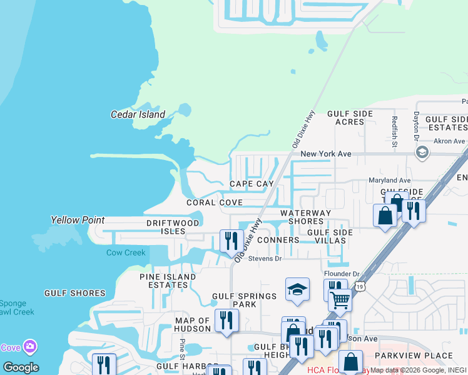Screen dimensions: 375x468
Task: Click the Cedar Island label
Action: [x=138, y=114]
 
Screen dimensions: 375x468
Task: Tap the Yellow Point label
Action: [x=77, y=220]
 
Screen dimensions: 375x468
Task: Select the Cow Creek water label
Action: [x=126, y=252]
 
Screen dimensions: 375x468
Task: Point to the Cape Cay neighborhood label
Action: [x=252, y=184]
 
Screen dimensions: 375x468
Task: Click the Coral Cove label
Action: [x=215, y=202]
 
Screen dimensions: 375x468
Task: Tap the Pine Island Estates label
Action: [x=163, y=281]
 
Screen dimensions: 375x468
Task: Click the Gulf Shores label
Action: [x=75, y=293]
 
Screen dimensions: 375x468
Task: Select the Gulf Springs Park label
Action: [x=244, y=300]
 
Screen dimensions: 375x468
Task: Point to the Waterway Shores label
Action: [x=305, y=217]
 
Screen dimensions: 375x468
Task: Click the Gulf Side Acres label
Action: [x=350, y=117]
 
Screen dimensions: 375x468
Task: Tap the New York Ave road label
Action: [x=325, y=154]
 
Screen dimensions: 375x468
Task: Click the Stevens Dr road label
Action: [x=265, y=258]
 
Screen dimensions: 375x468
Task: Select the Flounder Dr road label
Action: [x=342, y=274]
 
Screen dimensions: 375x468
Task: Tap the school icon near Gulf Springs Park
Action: [x=297, y=289]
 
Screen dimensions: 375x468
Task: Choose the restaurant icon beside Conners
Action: [x=231, y=241]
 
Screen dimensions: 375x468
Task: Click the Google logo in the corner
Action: [x=20, y=367]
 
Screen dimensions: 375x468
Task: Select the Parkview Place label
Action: [x=413, y=356]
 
